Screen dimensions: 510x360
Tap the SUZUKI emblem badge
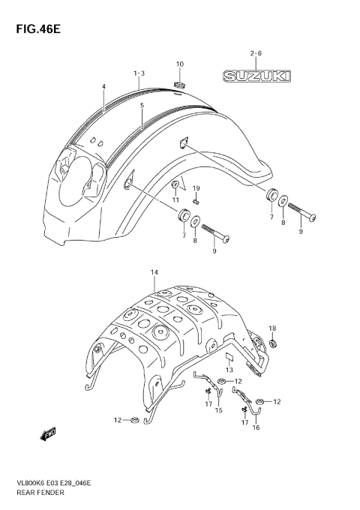[256, 76]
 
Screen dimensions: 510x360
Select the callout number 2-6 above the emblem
[255, 53]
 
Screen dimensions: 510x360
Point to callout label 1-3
[139, 73]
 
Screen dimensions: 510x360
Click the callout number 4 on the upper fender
[104, 87]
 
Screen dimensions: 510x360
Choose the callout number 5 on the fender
[141, 106]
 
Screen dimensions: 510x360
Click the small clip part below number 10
[179, 82]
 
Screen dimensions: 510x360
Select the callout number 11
[175, 199]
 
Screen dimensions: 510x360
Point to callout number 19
[196, 187]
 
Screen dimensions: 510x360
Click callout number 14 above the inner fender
[154, 271]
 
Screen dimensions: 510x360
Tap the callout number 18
[273, 328]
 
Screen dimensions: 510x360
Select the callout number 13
[230, 370]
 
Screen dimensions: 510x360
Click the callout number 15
[219, 410]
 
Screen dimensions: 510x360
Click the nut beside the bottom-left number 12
[133, 420]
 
